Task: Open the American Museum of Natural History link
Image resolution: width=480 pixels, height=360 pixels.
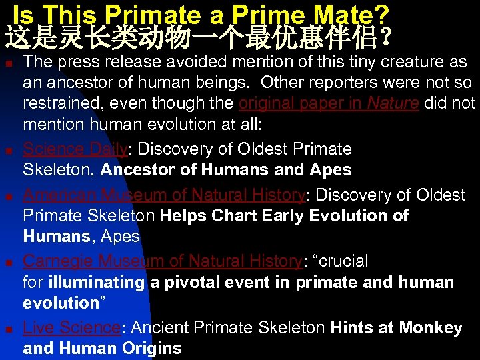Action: (164, 195)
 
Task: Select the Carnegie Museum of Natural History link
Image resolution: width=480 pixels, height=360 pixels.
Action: (163, 261)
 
